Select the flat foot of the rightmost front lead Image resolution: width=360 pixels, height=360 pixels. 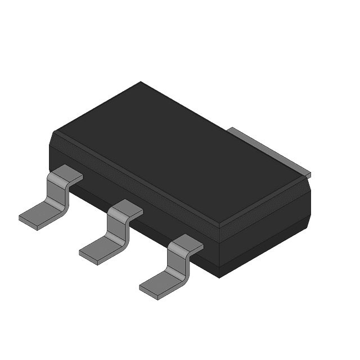pyautogui.click(x=159, y=283)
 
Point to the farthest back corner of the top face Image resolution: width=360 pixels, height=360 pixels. pyautogui.click(x=141, y=82)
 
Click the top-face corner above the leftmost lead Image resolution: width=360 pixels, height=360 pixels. pyautogui.click(x=53, y=132)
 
